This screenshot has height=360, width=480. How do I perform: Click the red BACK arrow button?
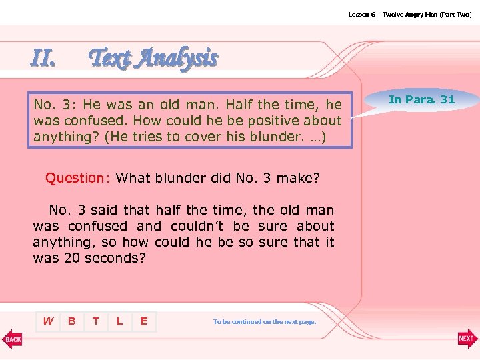pos(12,339)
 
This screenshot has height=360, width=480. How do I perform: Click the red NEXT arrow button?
pos(467,339)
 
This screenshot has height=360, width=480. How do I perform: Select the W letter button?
pos(48,321)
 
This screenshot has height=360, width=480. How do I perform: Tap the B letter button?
pos(71,321)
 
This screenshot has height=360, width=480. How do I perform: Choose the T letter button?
pos(95,321)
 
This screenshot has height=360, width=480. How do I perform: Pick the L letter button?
pos(119,321)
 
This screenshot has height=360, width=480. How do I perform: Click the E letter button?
pos(143,321)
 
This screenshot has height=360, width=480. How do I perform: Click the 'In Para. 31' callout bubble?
pos(421,99)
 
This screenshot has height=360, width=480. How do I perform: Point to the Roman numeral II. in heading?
pos(43,59)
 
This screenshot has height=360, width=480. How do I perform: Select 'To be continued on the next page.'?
pos(264,322)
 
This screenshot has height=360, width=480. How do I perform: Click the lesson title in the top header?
pos(409,14)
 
